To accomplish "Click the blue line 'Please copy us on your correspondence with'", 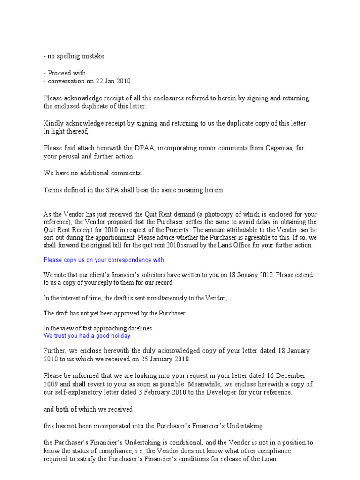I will (x=104, y=260).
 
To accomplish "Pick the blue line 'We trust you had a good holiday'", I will (x=87, y=336).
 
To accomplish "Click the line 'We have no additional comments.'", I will (x=93, y=173).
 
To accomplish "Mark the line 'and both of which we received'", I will (x=88, y=409).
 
